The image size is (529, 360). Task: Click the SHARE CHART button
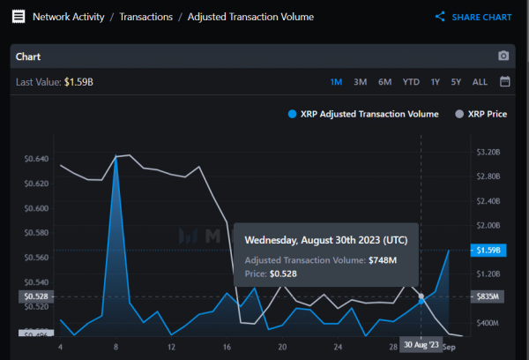pyautogui.click(x=473, y=17)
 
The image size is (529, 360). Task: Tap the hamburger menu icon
pyautogui.click(x=18, y=17)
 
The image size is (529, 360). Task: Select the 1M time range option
pyautogui.click(x=336, y=82)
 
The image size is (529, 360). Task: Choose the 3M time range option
pyautogui.click(x=360, y=82)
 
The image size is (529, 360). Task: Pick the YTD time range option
pyautogui.click(x=411, y=82)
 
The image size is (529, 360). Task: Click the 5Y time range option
pyautogui.click(x=456, y=82)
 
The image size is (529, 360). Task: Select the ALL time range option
pyautogui.click(x=480, y=82)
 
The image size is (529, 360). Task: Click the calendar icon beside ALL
pyautogui.click(x=504, y=82)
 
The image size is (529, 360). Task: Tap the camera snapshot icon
pyautogui.click(x=503, y=56)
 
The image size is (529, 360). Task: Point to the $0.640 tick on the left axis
pyautogui.click(x=36, y=159)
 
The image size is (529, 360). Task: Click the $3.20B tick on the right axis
pyautogui.click(x=488, y=152)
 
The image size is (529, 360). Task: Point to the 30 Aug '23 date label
pyautogui.click(x=420, y=344)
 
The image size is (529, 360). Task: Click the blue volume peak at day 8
pyautogui.click(x=116, y=157)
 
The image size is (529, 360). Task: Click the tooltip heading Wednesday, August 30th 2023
pyautogui.click(x=325, y=240)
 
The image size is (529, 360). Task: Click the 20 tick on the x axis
pyautogui.click(x=282, y=347)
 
